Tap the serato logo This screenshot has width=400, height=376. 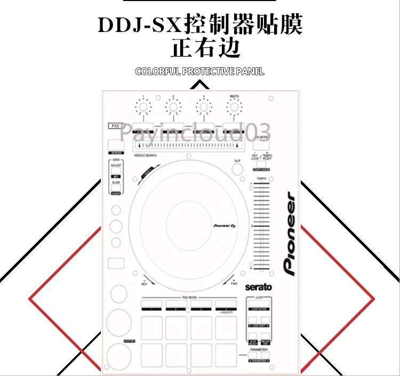(x=258, y=287)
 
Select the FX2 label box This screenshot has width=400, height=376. (x=114, y=126)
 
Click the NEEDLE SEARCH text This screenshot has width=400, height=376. (x=145, y=155)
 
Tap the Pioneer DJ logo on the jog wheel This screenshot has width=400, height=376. (x=224, y=226)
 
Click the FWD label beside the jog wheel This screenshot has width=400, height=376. (x=234, y=283)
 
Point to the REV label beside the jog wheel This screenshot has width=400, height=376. (x=144, y=283)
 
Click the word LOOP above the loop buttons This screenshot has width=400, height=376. (x=260, y=298)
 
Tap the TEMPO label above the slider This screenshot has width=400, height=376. (x=261, y=179)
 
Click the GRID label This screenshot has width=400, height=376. (x=116, y=159)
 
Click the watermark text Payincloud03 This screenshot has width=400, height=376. (x=195, y=131)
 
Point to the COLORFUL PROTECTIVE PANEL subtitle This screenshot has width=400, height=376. (x=199, y=71)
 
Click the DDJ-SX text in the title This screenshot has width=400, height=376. (x=140, y=26)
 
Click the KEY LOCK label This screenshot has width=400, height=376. (x=255, y=157)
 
